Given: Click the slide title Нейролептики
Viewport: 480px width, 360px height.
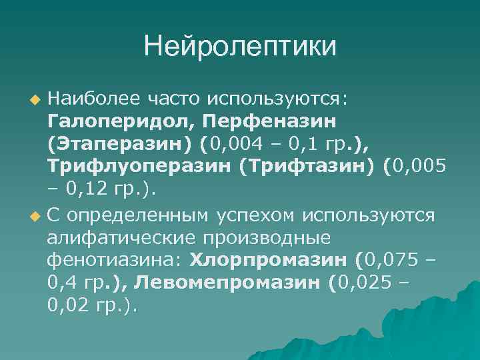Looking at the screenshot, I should click(240, 47).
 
